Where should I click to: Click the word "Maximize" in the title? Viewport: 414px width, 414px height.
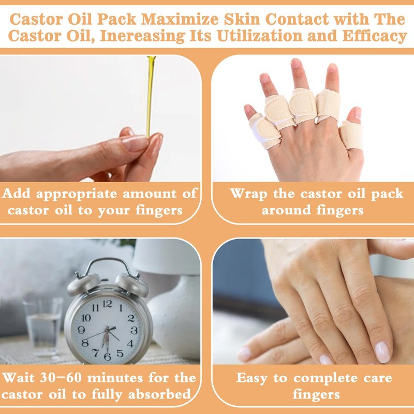pyautogui.click(x=180, y=20)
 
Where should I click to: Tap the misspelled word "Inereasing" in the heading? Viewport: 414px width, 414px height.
pyautogui.click(x=143, y=36)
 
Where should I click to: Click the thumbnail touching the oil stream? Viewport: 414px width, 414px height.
pyautogui.click(x=136, y=143)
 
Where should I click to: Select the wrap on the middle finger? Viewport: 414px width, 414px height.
pyautogui.click(x=303, y=106)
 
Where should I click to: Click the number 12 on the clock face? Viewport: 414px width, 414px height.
pyautogui.click(x=107, y=304)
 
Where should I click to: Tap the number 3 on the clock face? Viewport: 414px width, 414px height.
pyautogui.click(x=134, y=330)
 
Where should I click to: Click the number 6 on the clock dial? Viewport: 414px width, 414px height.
pyautogui.click(x=108, y=357)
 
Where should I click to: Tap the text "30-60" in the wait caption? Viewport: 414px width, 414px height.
pyautogui.click(x=61, y=378)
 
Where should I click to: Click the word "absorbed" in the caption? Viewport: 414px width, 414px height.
pyautogui.click(x=159, y=394)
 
